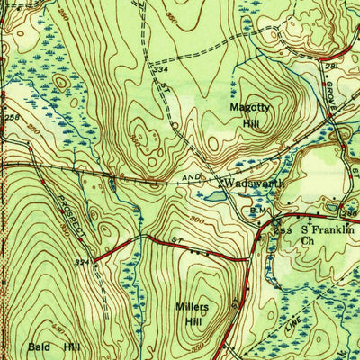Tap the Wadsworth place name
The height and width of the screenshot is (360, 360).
click(x=255, y=182)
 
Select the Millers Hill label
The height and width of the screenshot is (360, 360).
click(x=191, y=313)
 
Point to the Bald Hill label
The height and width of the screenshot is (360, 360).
click(x=56, y=346)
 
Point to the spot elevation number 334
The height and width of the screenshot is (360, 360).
click(x=161, y=68)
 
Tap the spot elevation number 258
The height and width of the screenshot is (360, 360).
click(x=11, y=118)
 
